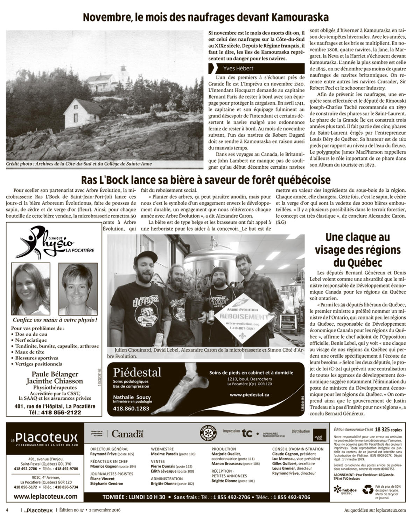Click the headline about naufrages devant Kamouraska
pos(206,17)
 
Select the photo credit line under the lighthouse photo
pos(79,164)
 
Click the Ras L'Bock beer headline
pos(206,180)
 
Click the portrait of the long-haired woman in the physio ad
pos(30,288)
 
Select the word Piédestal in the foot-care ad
pos(137,372)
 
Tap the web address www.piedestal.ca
pos(249,394)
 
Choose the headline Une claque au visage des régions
pos(357,250)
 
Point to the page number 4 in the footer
pos(7,510)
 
